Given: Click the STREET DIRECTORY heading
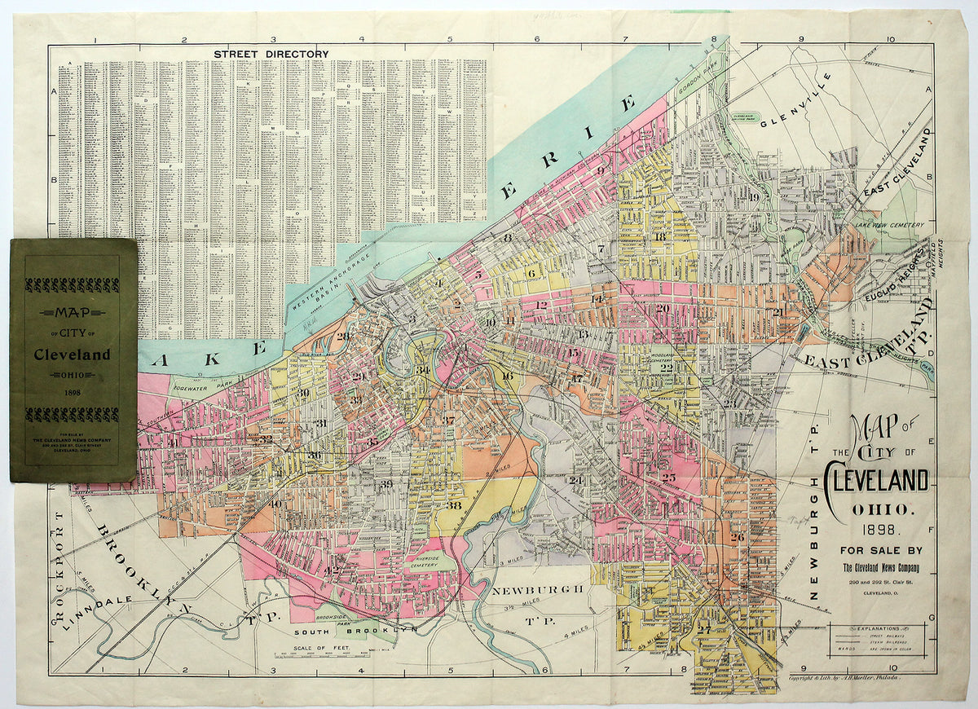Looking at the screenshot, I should tap(271, 54).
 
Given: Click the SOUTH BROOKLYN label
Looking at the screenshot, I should tap(355, 630).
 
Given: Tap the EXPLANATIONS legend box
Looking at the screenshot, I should tap(877, 642).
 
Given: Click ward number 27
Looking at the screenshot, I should tap(703, 629).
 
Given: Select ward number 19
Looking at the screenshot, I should tap(754, 197).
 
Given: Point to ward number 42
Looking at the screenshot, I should tap(332, 570).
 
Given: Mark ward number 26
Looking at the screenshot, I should tap(738, 537).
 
